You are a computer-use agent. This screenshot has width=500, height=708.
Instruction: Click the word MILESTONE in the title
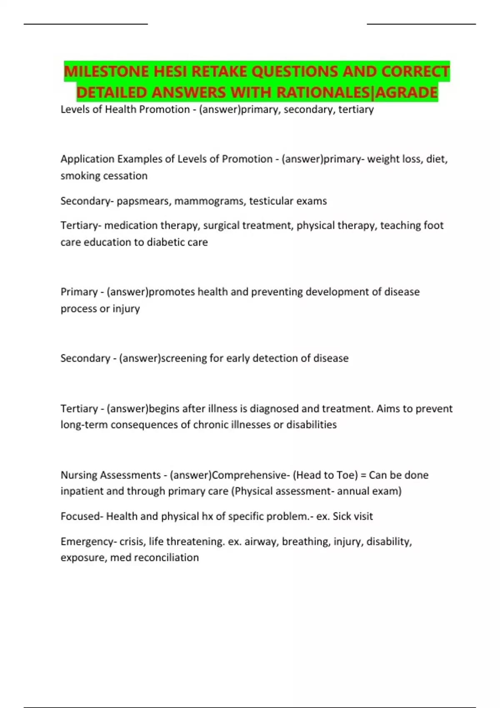pos(106,72)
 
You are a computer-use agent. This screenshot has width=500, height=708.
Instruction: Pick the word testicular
pos(271,201)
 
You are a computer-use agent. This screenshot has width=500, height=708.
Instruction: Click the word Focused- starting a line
pos(81,516)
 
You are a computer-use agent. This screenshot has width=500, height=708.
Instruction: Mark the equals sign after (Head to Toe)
pos(363,475)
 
